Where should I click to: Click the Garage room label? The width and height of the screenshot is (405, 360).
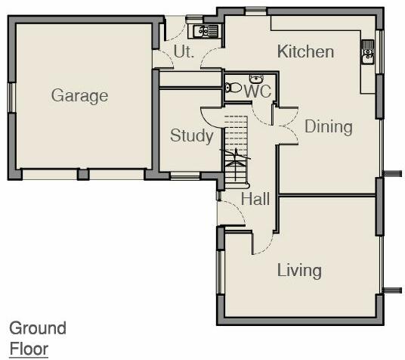click(x=79, y=96)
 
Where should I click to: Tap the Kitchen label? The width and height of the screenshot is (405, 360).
click(x=305, y=51)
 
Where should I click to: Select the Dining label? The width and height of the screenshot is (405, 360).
click(x=328, y=126)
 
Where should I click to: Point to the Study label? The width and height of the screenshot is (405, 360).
click(x=191, y=136)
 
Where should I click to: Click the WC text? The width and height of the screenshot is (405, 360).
click(x=258, y=92)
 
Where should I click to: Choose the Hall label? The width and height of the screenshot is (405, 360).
click(x=255, y=199)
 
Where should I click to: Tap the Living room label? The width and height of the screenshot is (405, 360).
click(x=299, y=270)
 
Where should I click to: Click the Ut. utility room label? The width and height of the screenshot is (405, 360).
click(x=184, y=51)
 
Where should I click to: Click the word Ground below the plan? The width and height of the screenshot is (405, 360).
click(x=37, y=328)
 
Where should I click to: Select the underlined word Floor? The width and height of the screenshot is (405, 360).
click(x=28, y=349)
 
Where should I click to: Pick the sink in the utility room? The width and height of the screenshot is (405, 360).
click(x=205, y=31)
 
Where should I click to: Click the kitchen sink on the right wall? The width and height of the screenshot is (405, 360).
click(x=368, y=52)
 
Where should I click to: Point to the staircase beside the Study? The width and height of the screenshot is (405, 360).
click(x=237, y=147)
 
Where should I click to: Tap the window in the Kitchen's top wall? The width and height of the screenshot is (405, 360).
click(x=255, y=10)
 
